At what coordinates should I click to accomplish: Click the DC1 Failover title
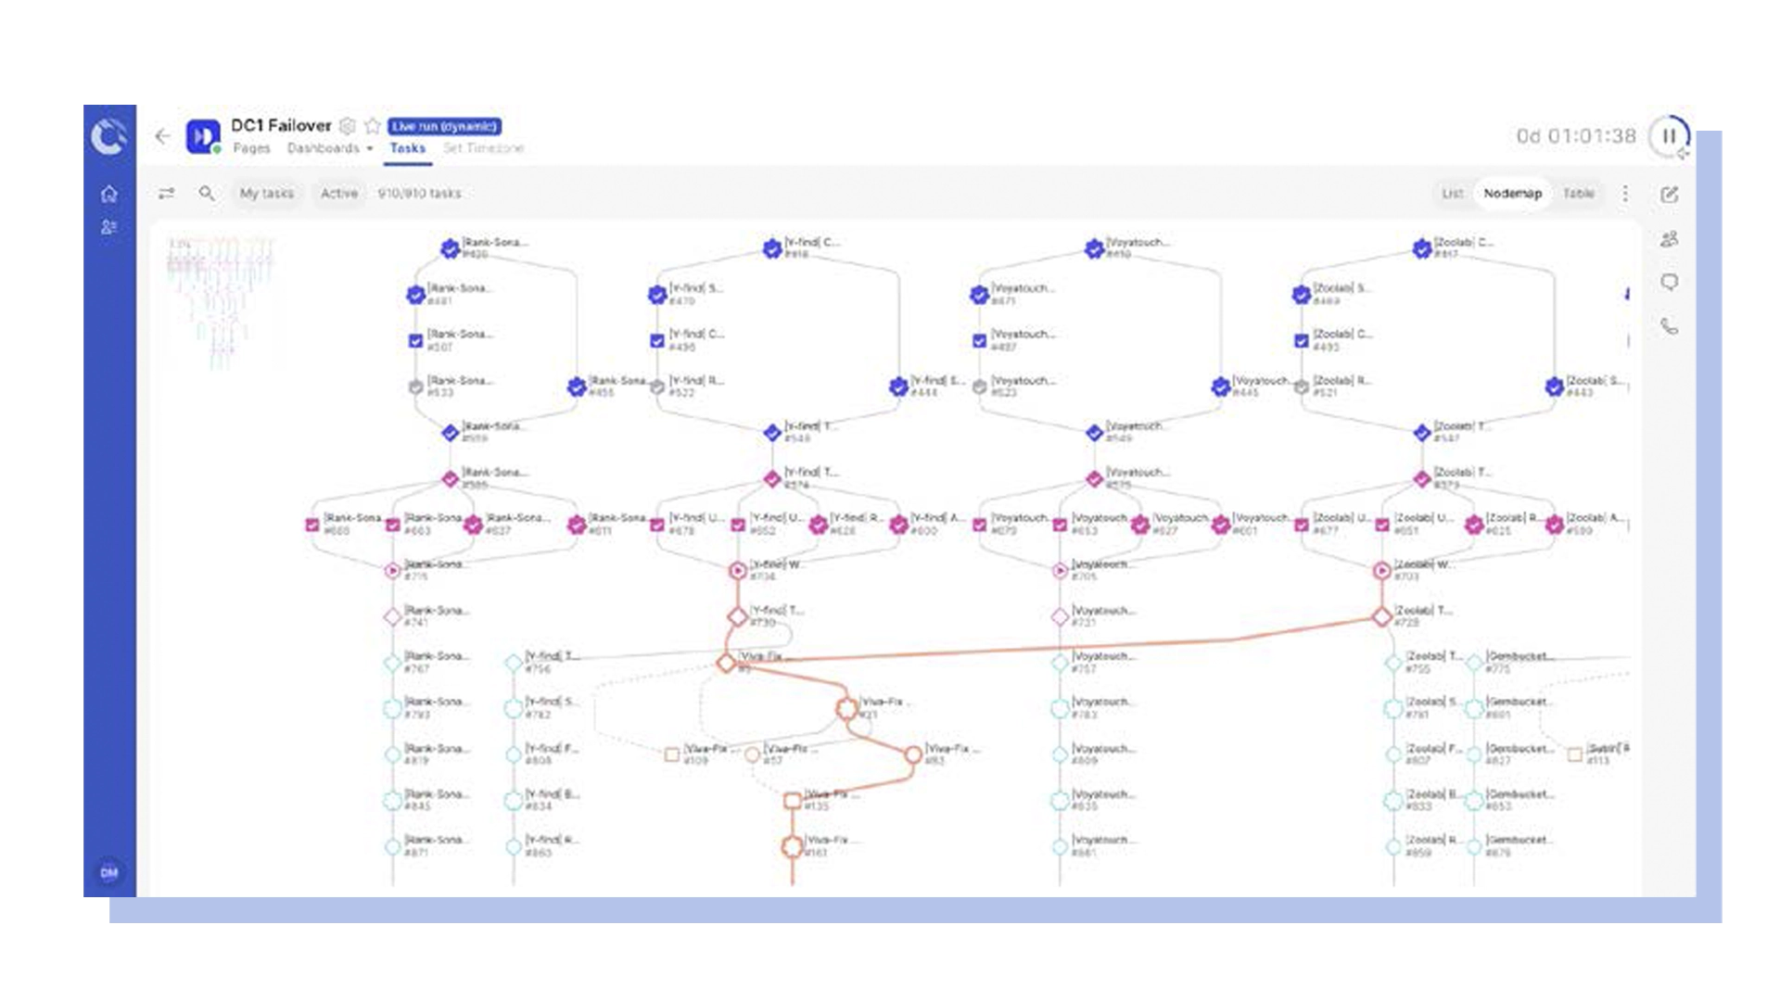(280, 126)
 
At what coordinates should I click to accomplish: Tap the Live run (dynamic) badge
(444, 126)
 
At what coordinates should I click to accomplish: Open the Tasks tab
(407, 148)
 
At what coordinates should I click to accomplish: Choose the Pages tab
(251, 148)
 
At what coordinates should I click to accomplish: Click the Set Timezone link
(483, 148)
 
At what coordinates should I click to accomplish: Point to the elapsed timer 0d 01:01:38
(1576, 136)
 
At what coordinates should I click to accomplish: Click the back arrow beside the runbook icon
(163, 136)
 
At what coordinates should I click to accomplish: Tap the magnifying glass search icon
(207, 193)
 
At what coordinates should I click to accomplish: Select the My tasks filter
(266, 193)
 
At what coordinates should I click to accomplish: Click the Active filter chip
(338, 193)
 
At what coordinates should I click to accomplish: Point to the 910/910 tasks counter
(419, 193)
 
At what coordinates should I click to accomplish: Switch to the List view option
(1452, 193)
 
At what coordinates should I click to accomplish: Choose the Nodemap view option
(1512, 193)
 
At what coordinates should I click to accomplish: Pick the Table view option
(1578, 193)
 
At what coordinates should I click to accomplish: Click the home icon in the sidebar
(109, 194)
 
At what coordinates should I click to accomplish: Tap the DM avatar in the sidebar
(109, 872)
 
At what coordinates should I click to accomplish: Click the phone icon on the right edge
(1669, 326)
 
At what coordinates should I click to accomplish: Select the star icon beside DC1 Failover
(373, 126)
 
